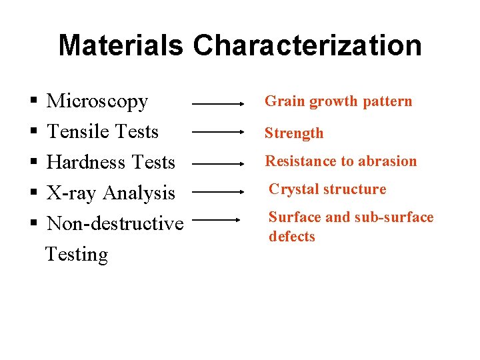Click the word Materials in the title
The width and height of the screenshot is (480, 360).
120,45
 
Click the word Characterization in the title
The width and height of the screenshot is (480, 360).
307,45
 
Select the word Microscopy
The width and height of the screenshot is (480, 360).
97,101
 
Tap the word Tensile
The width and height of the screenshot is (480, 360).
75,132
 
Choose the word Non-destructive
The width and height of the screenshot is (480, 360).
115,223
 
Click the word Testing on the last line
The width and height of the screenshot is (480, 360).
76,254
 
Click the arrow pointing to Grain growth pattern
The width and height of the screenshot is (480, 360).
219,104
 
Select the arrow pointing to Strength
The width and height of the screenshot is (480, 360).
219,133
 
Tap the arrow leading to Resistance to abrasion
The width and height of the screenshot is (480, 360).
219,162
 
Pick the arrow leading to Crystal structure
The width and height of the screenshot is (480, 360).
219,191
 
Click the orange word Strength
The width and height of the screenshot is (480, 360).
294,133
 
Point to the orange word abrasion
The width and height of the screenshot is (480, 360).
388,161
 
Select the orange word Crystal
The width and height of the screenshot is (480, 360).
290,189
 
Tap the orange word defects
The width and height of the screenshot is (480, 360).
291,237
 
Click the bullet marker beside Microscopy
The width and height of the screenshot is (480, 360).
33,102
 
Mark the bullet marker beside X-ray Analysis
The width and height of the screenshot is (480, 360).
33,194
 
